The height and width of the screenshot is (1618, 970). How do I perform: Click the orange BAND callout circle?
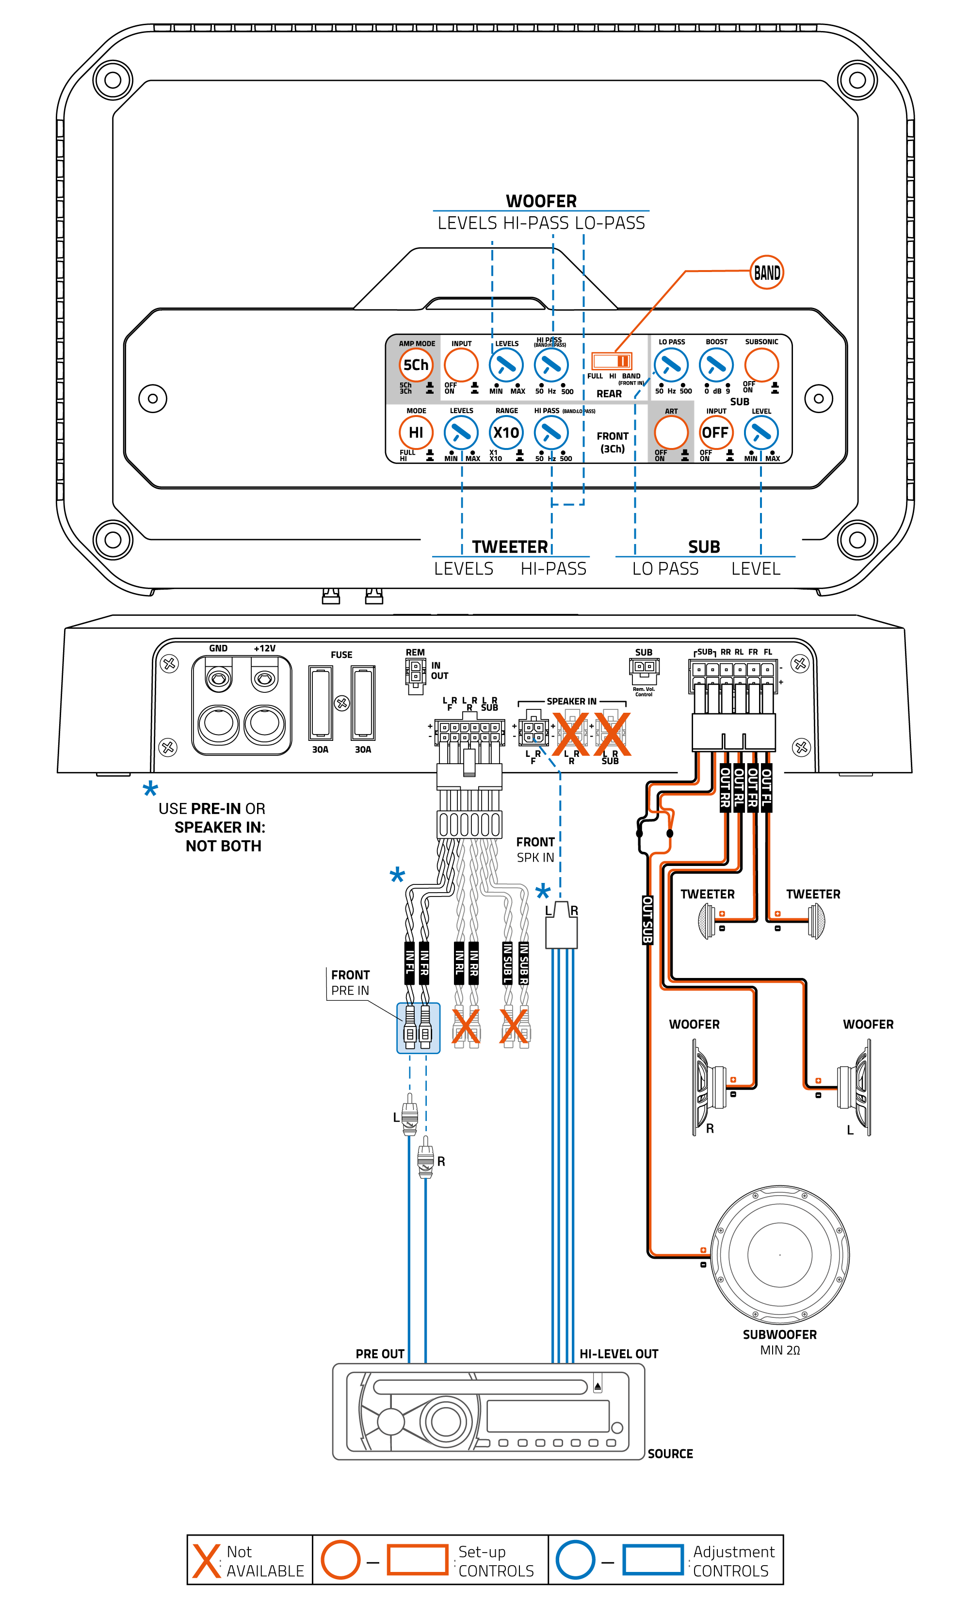click(x=766, y=272)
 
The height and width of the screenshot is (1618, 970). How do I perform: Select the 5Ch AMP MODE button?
click(x=416, y=365)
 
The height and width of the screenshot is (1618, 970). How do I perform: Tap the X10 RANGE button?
click(x=506, y=433)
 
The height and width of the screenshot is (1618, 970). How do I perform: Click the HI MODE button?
click(x=416, y=433)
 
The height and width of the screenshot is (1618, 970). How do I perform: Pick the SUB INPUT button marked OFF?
click(x=715, y=433)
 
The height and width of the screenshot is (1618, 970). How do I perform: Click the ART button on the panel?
click(x=671, y=433)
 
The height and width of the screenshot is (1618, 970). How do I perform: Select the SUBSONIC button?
click(x=761, y=365)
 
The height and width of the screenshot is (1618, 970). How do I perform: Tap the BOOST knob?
click(x=716, y=365)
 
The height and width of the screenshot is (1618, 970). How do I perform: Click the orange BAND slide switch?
click(x=611, y=361)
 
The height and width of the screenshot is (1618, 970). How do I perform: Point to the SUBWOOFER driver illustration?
click(x=780, y=1255)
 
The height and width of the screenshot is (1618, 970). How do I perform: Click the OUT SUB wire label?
click(x=647, y=919)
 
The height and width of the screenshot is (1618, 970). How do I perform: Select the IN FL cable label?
click(x=410, y=962)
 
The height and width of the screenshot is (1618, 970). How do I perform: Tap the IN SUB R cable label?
click(x=524, y=962)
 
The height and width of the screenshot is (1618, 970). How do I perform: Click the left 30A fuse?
click(x=320, y=703)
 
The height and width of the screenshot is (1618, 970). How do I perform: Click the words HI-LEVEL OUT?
click(x=618, y=1353)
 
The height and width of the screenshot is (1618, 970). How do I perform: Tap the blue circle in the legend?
click(x=575, y=1559)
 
